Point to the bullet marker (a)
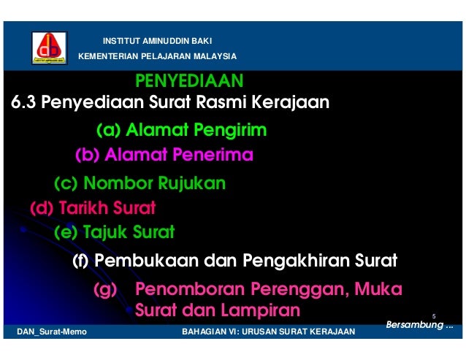tap(108, 131)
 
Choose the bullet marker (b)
tap(88, 155)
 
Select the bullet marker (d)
tap(42, 209)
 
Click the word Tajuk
tap(104, 233)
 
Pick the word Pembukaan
tap(138, 260)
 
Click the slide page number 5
tap(434, 315)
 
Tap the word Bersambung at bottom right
tap(415, 324)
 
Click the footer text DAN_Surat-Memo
tap(51, 332)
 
